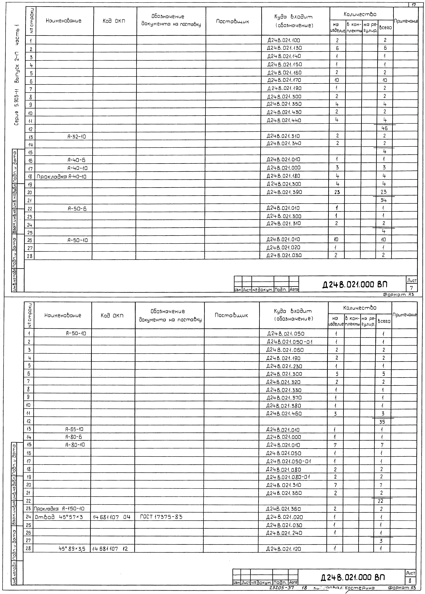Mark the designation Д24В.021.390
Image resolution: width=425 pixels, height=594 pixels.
point(284,192)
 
